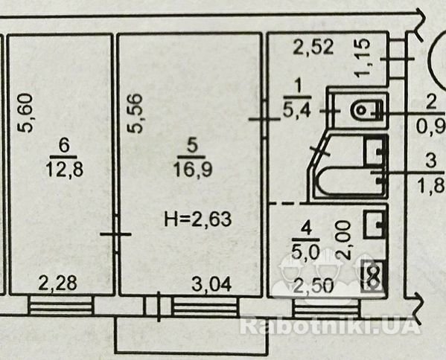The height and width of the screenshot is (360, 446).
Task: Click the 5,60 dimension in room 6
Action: (25, 113)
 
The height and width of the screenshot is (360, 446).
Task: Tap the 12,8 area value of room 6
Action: (65, 169)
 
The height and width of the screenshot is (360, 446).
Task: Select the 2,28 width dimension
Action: (57, 283)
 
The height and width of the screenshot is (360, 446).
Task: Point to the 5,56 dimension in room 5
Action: (134, 113)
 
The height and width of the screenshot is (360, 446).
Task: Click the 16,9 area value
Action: (193, 170)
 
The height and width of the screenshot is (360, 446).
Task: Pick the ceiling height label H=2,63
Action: (198, 219)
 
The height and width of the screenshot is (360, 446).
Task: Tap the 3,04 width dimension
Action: (211, 284)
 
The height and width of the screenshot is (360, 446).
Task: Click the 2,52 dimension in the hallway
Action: (313, 47)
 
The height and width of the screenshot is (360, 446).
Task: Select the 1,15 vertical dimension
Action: (363, 58)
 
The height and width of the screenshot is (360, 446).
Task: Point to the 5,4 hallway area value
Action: (296, 110)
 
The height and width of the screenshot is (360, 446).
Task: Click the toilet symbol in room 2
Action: (367, 110)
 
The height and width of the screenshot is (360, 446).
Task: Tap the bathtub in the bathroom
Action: (350, 181)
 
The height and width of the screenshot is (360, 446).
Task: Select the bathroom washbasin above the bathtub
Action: (375, 152)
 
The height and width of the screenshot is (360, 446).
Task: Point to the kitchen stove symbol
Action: (373, 277)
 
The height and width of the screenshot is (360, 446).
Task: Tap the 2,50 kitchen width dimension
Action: (313, 286)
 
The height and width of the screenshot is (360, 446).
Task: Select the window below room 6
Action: (61, 305)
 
